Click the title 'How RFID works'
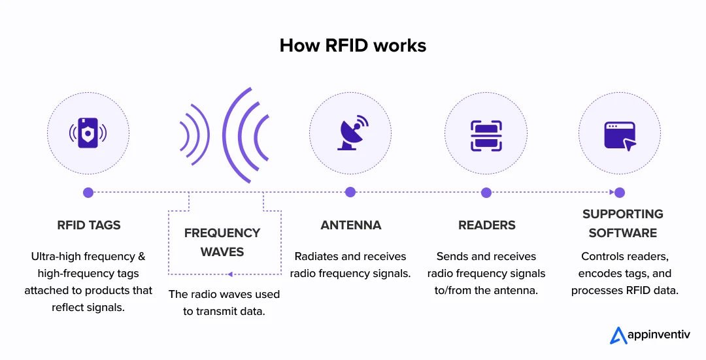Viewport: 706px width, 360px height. click(x=352, y=45)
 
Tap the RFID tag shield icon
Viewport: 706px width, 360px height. click(x=88, y=133)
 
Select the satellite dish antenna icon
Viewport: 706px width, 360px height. click(x=350, y=133)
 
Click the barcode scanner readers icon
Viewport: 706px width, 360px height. click(x=486, y=134)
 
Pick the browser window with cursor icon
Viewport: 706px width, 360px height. click(x=619, y=135)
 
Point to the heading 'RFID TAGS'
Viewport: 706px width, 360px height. click(x=88, y=225)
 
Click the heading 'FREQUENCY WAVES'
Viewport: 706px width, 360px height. click(x=222, y=242)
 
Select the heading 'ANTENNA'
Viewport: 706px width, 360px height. click(x=350, y=225)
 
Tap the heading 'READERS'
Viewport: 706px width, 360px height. click(x=486, y=225)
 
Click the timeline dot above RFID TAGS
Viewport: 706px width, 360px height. click(x=88, y=192)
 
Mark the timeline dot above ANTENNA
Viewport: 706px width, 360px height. click(x=350, y=192)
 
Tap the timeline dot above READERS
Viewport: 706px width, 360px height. click(x=486, y=192)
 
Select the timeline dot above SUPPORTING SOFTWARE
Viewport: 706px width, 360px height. click(x=619, y=192)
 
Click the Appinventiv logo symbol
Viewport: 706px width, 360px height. click(x=618, y=335)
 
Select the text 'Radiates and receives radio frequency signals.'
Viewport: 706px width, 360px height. click(x=350, y=265)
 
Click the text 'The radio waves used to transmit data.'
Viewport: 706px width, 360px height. click(x=224, y=303)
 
